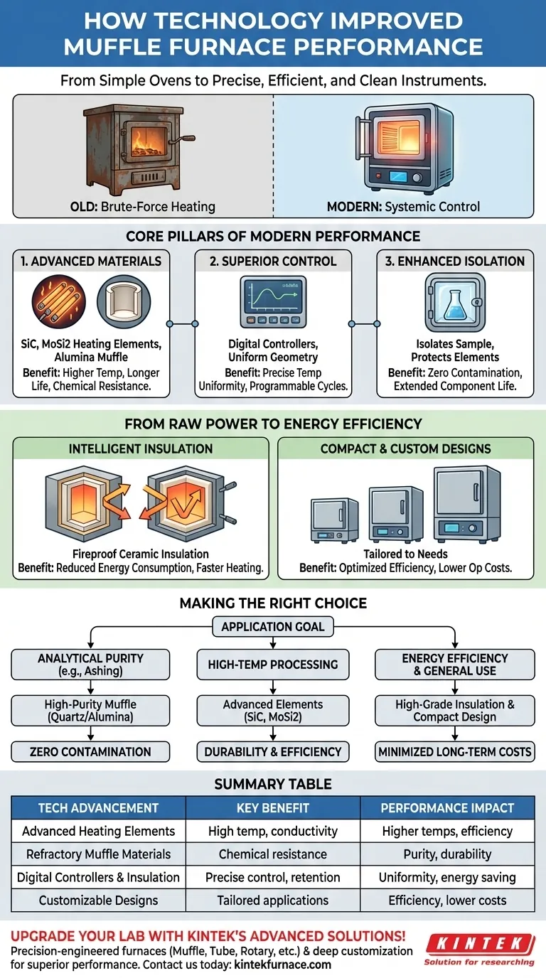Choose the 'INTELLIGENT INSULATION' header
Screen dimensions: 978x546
pyautogui.click(x=140, y=448)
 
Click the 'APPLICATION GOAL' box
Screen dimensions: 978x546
pyautogui.click(x=273, y=627)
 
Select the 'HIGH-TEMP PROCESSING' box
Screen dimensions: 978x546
pyautogui.click(x=273, y=665)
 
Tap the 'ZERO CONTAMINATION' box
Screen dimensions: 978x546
pyautogui.click(x=90, y=752)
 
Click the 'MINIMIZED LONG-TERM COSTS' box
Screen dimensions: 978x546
pyautogui.click(x=456, y=752)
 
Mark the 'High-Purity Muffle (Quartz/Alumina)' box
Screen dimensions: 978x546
pyautogui.click(x=90, y=711)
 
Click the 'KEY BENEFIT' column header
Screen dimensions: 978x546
pyautogui.click(x=273, y=807)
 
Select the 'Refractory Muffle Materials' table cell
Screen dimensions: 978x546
pyautogui.click(x=98, y=854)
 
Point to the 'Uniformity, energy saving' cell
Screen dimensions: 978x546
pyautogui.click(x=447, y=877)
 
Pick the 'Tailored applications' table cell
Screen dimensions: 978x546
pyautogui.click(x=273, y=901)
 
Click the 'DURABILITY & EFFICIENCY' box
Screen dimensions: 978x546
pyautogui.click(x=273, y=752)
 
